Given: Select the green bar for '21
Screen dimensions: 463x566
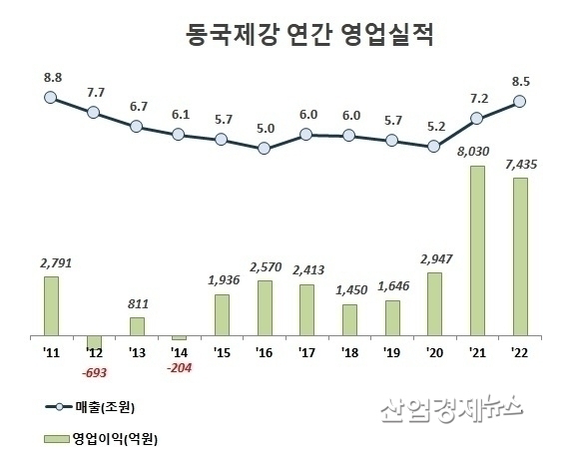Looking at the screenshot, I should point(477,251).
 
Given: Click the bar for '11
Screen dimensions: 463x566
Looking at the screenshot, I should point(51,307).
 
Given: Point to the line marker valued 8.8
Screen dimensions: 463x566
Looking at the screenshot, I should point(51,97).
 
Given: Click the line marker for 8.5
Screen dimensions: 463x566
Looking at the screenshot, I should point(519,101).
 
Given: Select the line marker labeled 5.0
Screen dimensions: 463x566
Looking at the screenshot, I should point(264,149).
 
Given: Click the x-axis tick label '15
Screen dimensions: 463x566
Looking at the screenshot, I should point(221,352).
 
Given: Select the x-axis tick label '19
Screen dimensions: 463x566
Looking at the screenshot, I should point(391,352).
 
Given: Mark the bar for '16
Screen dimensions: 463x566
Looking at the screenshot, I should point(264,309).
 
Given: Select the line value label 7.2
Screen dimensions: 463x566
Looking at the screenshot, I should point(477,101).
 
